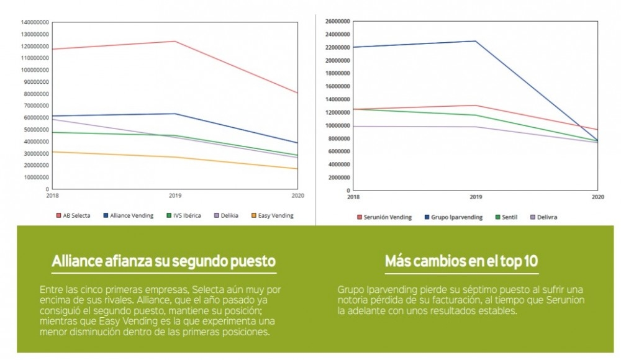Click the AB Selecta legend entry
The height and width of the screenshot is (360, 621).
(73, 215)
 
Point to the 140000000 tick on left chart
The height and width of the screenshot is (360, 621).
(35, 22)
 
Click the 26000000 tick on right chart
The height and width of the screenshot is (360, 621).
(338, 21)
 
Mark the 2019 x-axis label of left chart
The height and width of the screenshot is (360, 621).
(175, 195)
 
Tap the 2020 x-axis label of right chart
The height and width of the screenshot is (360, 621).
(597, 197)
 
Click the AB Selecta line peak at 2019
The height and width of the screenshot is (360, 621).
(175, 42)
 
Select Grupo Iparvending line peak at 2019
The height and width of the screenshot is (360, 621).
(476, 41)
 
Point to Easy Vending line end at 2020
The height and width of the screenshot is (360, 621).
(297, 169)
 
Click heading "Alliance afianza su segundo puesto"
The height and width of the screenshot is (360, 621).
(164, 261)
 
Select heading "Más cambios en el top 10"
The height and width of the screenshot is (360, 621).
(461, 261)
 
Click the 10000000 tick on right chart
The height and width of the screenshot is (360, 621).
(338, 125)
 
